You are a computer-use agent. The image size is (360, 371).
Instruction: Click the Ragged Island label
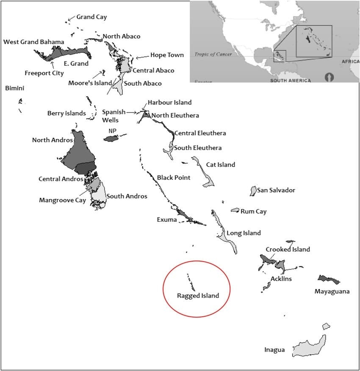pyautogui.click(x=198, y=296)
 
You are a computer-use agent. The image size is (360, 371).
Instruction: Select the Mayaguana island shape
pyautogui.click(x=328, y=279)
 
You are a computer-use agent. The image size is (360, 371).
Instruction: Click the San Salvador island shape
pyautogui.click(x=253, y=191)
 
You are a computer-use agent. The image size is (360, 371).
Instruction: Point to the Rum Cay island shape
pyautogui.click(x=235, y=210)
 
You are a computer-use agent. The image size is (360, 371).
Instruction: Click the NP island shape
pyautogui.click(x=113, y=139)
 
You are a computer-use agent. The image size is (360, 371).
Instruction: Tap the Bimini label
pyautogui.click(x=14, y=88)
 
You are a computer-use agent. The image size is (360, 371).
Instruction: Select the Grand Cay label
pyautogui.click(x=91, y=17)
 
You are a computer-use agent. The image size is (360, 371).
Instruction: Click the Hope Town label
pyautogui.click(x=167, y=55)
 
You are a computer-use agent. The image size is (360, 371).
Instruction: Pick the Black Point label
pyautogui.click(x=174, y=177)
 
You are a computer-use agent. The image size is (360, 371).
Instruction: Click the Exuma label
pyautogui.click(x=166, y=219)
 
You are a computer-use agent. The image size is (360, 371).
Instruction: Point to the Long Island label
pyautogui.click(x=244, y=233)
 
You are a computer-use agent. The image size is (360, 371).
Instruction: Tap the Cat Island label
pyautogui.click(x=220, y=165)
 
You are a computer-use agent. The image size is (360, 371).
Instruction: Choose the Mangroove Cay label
pyautogui.click(x=62, y=200)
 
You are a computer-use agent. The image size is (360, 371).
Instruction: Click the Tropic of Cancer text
pyautogui.click(x=213, y=54)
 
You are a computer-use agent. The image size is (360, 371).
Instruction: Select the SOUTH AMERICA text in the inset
pyautogui.click(x=290, y=80)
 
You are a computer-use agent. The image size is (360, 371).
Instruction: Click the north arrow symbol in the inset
pyautogui.click(x=328, y=77)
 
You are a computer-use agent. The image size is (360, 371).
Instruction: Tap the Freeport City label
pyautogui.click(x=44, y=73)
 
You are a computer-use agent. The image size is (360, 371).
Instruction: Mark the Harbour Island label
pyautogui.click(x=169, y=102)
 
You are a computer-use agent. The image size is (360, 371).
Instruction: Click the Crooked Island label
pyautogui.click(x=288, y=249)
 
